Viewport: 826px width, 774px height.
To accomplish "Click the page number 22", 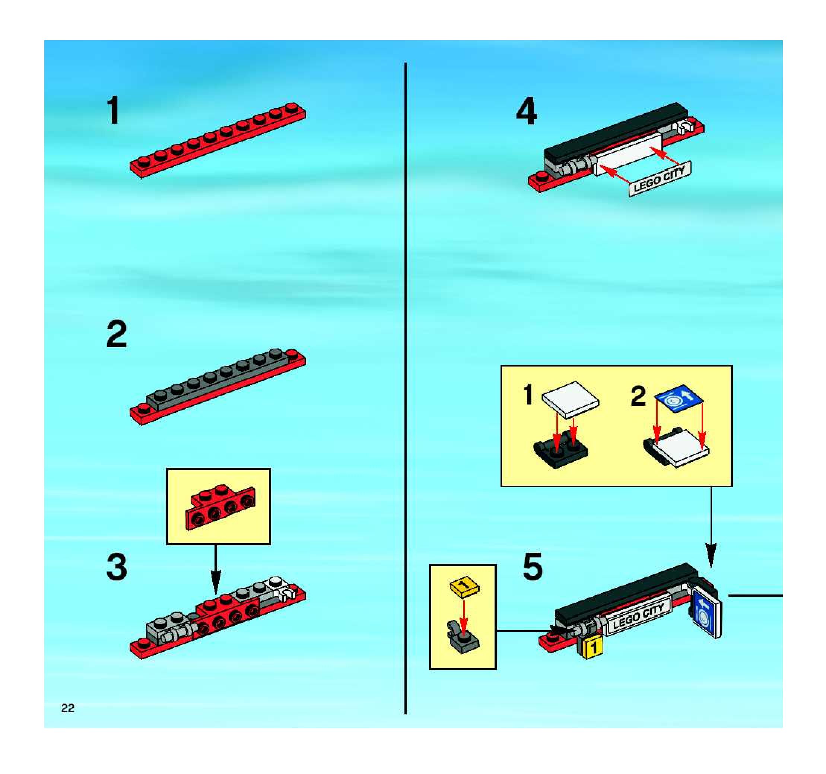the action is pyautogui.click(x=67, y=708).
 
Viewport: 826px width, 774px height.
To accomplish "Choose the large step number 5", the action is pyautogui.click(x=533, y=566).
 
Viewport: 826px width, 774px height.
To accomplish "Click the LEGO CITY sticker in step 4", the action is pyautogui.click(x=660, y=178).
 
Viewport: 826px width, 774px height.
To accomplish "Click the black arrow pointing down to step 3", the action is pyautogui.click(x=215, y=570).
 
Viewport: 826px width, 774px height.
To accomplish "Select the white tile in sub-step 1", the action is pyautogui.click(x=571, y=399).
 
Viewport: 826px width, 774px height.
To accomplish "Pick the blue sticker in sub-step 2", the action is pyautogui.click(x=679, y=399).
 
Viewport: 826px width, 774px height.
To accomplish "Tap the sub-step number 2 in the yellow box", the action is pyautogui.click(x=638, y=396).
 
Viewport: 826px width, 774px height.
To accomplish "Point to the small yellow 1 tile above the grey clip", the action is pyautogui.click(x=464, y=587).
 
